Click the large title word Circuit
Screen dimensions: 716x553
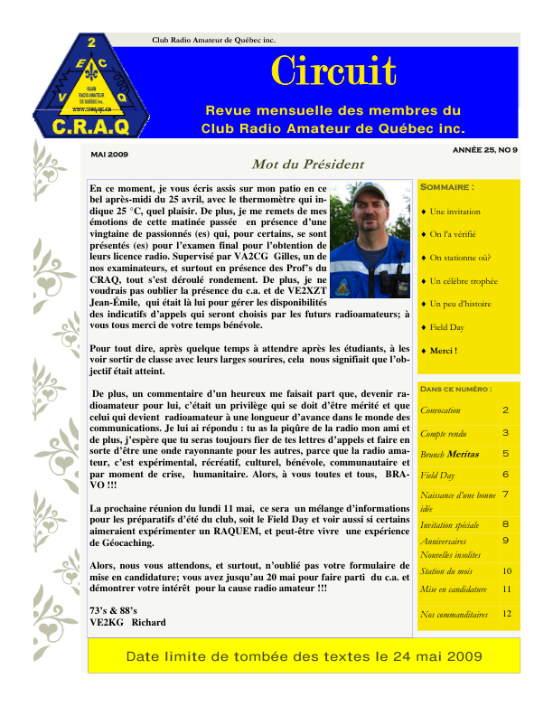pos(334,71)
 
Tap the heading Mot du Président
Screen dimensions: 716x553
pos(295,165)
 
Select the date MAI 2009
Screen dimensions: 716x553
pos(109,155)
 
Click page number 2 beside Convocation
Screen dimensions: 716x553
pos(506,410)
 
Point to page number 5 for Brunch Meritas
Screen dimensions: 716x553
pos(506,454)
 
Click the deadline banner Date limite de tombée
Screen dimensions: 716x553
pos(304,656)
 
